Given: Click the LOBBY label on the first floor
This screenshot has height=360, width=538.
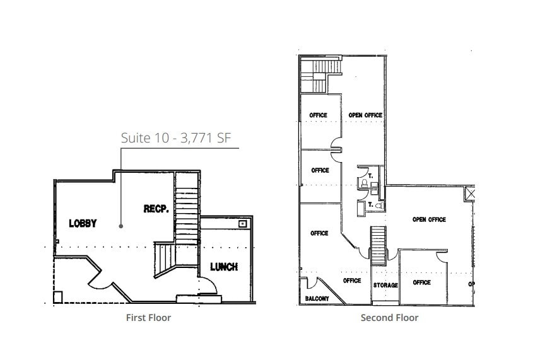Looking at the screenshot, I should (83, 223).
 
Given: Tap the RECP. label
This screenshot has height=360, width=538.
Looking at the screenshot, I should (155, 209).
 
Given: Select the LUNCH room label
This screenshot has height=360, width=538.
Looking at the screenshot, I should (224, 267).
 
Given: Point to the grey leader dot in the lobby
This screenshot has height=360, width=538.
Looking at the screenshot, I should (121, 225).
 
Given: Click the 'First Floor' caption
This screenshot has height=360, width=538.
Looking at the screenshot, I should (148, 318).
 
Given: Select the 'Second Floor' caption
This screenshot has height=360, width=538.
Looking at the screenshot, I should (389, 318).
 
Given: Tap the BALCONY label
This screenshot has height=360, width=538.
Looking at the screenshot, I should (317, 299).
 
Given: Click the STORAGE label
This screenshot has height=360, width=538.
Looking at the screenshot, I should (385, 285).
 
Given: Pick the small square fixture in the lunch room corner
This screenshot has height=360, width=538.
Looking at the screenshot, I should (242, 223).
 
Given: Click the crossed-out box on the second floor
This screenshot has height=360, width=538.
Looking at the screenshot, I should (469, 194).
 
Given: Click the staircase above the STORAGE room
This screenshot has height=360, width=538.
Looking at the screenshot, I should (378, 238).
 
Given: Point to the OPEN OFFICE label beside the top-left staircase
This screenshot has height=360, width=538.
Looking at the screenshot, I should (365, 115).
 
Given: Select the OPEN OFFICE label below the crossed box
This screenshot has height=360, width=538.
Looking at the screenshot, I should (429, 219).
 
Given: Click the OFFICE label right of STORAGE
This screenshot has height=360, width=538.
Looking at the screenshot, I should (421, 282).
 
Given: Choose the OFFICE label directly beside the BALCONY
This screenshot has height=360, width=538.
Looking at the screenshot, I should (352, 281).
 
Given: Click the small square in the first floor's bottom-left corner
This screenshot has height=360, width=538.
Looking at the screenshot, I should (58, 296).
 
